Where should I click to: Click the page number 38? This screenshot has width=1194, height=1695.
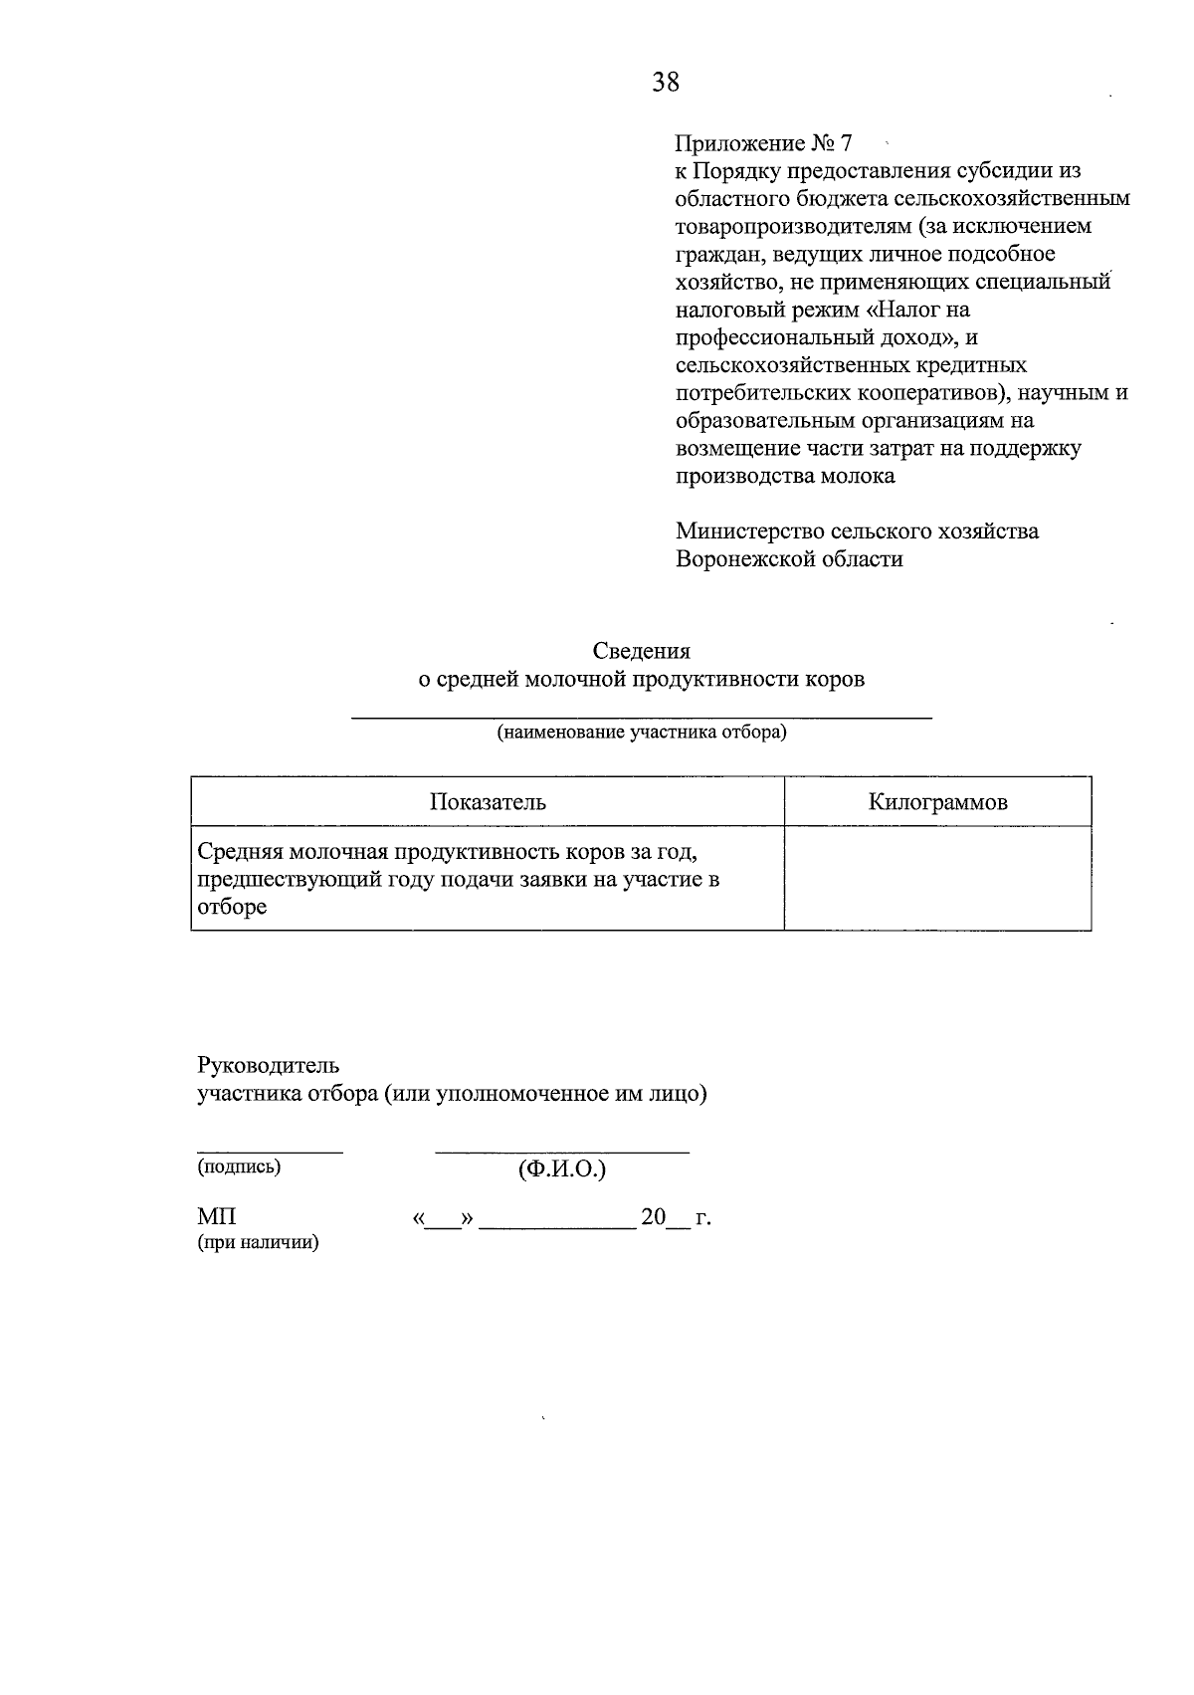coord(666,83)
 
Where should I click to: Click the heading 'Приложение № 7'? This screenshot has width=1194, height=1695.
coord(763,142)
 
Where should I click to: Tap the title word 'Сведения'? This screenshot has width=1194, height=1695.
coord(641,651)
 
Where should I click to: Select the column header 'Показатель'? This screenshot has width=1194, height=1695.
coord(488,802)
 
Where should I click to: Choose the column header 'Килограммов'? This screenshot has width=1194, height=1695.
coord(937,802)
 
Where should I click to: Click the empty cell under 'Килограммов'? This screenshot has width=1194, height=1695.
coord(937,878)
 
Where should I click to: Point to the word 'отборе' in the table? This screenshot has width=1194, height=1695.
coord(232,908)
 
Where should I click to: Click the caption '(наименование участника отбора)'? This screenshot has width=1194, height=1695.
coord(642,734)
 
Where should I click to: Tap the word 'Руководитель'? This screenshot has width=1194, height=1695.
coord(269,1065)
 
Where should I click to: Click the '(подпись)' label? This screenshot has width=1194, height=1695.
coord(239,1167)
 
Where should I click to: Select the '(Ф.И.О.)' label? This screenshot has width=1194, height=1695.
coord(562,1169)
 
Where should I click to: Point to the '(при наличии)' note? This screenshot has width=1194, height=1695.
coord(258,1243)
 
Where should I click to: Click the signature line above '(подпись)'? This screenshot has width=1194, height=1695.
coord(269,1151)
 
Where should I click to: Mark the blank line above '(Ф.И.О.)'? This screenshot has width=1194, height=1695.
coord(562,1152)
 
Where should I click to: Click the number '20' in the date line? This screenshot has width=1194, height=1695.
coord(653,1217)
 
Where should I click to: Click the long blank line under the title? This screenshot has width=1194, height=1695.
coord(642,717)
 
